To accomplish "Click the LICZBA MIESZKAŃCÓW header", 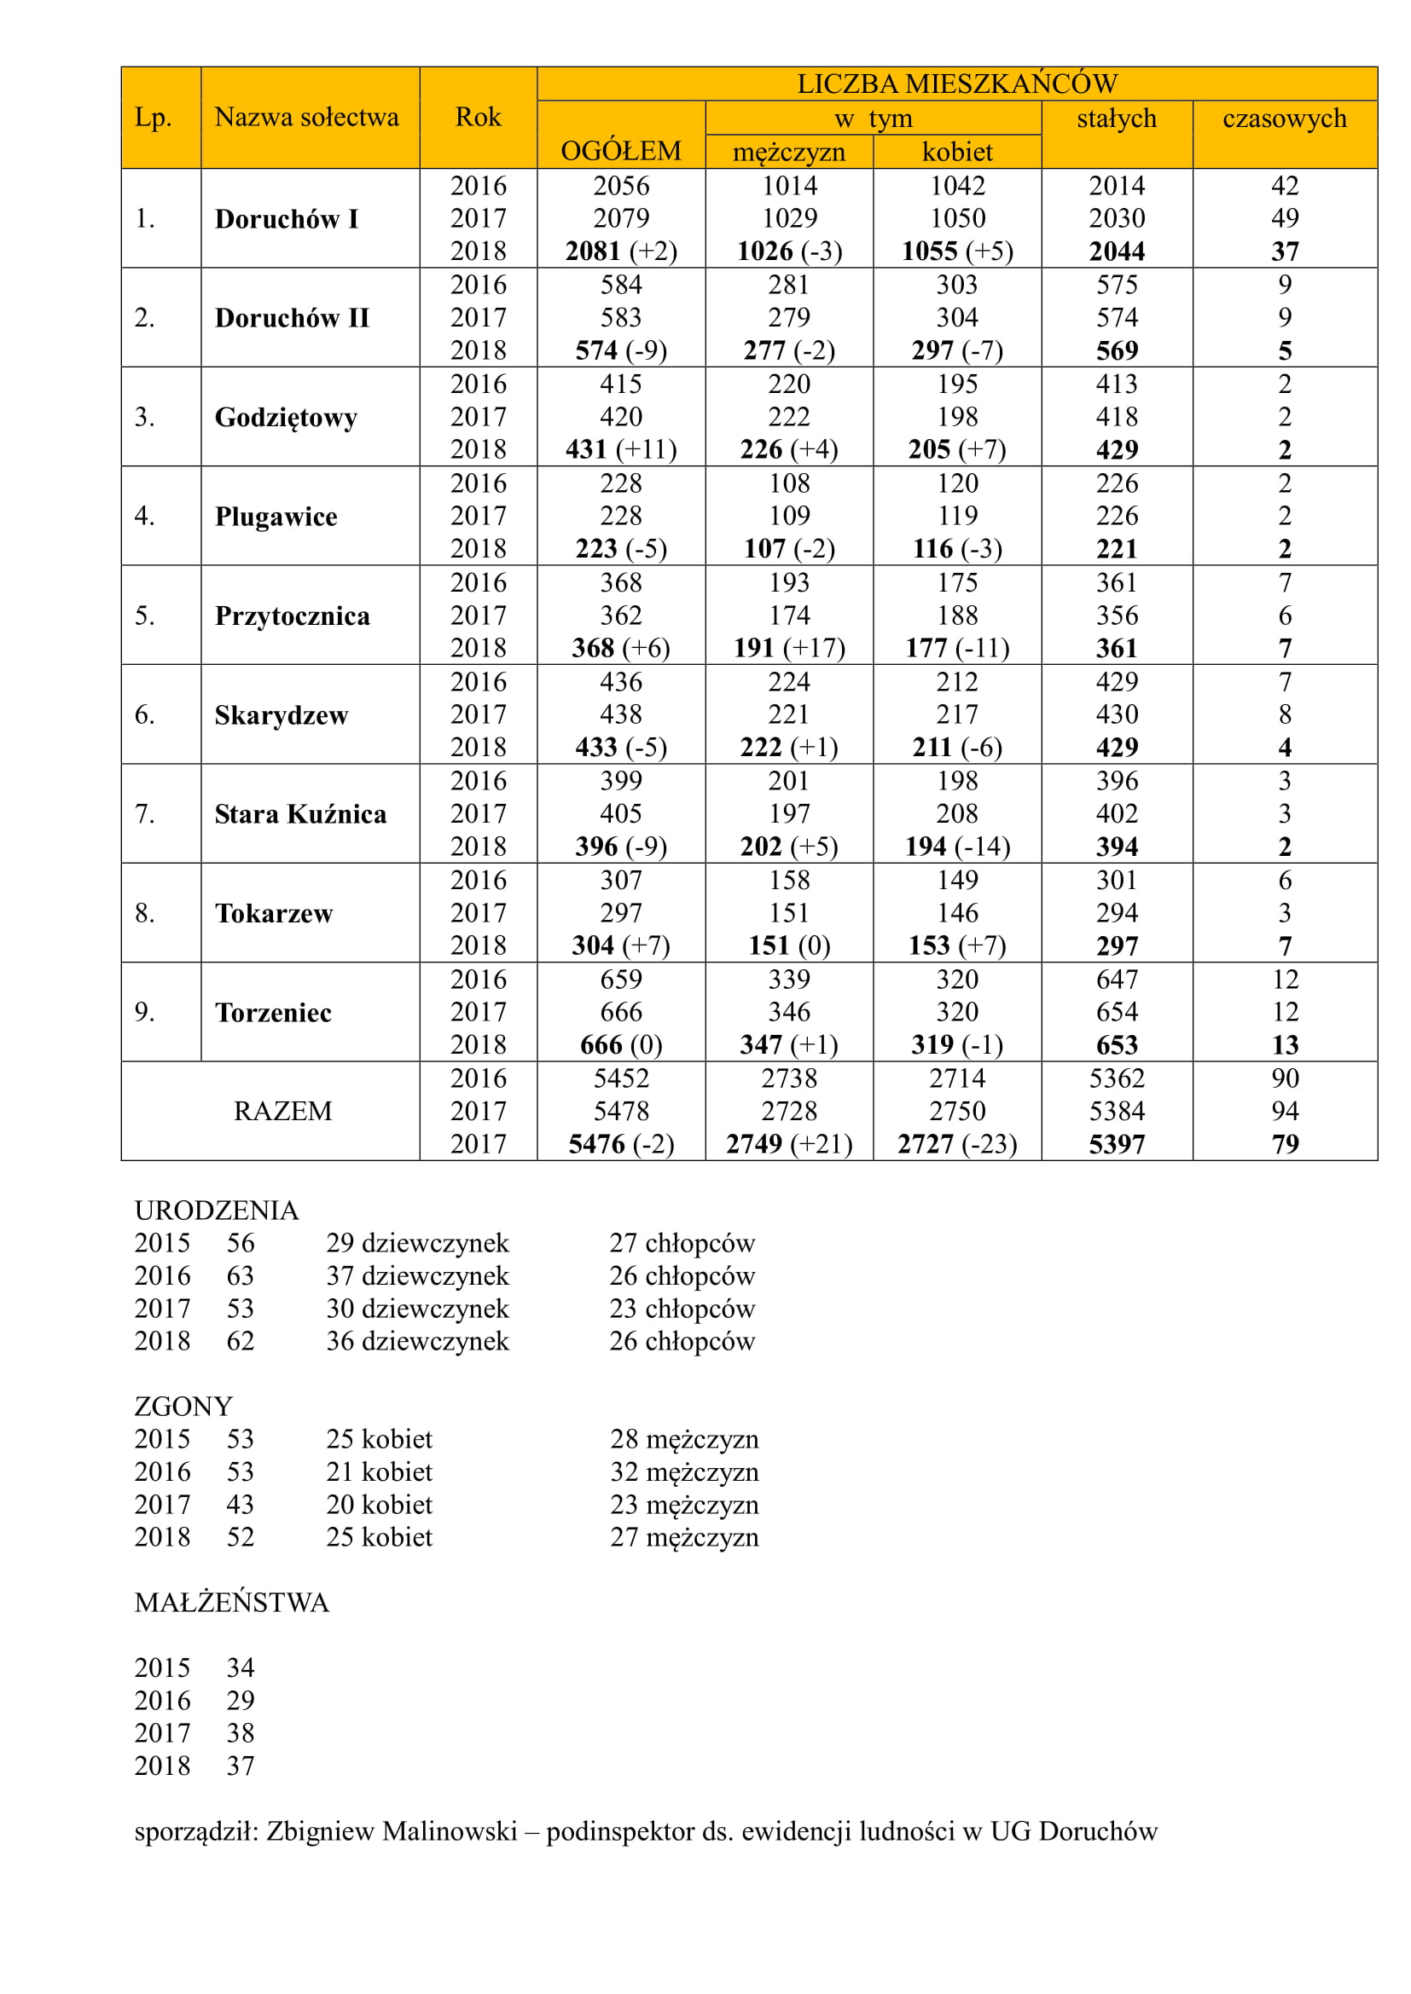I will click(x=956, y=84).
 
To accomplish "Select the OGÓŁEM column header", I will click(x=620, y=151).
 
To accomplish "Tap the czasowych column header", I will click(x=1284, y=118).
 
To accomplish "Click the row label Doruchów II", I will click(x=292, y=318).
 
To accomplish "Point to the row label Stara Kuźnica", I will click(x=300, y=814).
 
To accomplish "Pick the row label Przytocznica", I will click(x=292, y=616).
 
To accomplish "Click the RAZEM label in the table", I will click(x=282, y=1111).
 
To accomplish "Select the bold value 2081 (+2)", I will click(x=620, y=251).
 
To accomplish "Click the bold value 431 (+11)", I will click(x=620, y=449).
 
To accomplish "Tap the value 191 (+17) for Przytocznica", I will click(x=789, y=648).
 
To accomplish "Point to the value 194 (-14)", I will click(x=956, y=846).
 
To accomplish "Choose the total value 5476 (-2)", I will click(x=620, y=1144).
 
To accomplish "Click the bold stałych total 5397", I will click(x=1117, y=1144).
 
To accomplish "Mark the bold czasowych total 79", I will click(x=1284, y=1144).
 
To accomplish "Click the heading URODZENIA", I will click(x=217, y=1210).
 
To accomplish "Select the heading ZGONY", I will click(x=183, y=1406).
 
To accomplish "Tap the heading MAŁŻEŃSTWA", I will click(x=232, y=1603).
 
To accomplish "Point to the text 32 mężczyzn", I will click(x=684, y=1472).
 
